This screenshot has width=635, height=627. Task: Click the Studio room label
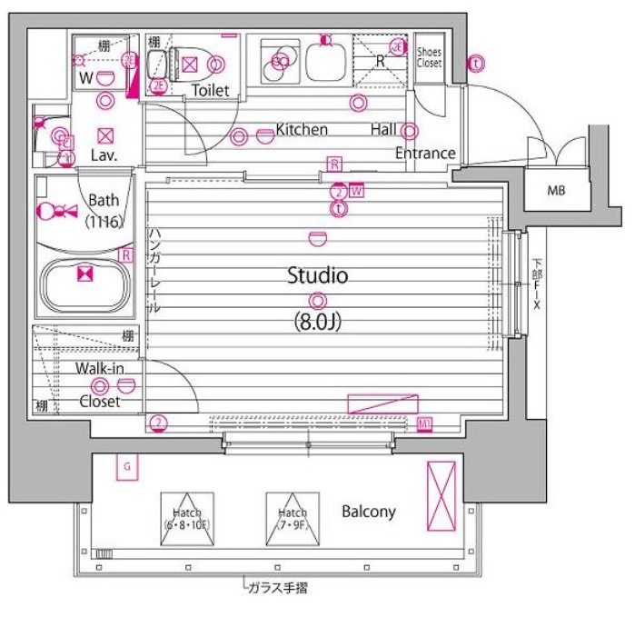(x=318, y=275)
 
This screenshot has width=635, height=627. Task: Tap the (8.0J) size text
(x=317, y=322)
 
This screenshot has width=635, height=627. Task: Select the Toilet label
(x=210, y=90)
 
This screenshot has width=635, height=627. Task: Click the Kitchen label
(x=302, y=129)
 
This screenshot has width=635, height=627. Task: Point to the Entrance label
(x=424, y=153)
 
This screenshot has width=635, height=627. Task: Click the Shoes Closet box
(x=429, y=58)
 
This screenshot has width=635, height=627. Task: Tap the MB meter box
(x=555, y=191)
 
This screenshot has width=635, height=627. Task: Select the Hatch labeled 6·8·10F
(x=188, y=520)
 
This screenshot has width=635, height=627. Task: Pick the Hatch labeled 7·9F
(x=293, y=520)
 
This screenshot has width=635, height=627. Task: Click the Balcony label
(x=369, y=512)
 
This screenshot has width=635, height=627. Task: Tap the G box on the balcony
(x=128, y=467)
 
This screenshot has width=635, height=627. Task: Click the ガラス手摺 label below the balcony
(x=277, y=588)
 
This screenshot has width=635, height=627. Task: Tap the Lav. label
(x=105, y=155)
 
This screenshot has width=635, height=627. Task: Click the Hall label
(x=383, y=129)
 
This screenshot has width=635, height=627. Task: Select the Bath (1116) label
(x=105, y=210)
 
